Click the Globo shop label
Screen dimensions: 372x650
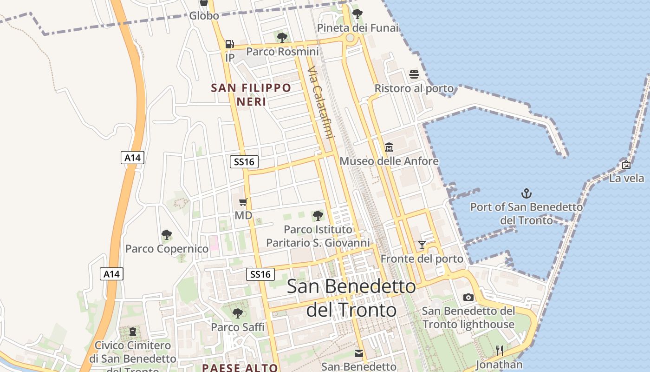(x=204, y=16)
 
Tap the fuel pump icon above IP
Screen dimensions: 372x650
(x=229, y=44)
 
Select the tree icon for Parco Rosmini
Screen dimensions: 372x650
(x=281, y=37)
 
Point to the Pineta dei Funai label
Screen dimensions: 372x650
(x=357, y=28)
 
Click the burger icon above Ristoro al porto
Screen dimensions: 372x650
(x=414, y=74)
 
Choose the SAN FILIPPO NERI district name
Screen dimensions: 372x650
(x=251, y=94)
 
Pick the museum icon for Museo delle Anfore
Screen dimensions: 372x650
(x=389, y=147)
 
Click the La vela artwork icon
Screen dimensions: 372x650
(x=626, y=165)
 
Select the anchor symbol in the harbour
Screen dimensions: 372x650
(x=526, y=193)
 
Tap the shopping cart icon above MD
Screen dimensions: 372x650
(x=243, y=202)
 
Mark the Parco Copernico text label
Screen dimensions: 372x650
(x=167, y=249)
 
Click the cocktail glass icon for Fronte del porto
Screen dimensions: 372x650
(x=422, y=245)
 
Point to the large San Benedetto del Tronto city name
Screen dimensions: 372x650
(x=351, y=298)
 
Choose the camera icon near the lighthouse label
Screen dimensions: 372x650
(x=468, y=297)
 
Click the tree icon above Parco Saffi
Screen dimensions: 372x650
(x=237, y=313)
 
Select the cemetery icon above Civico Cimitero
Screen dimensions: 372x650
(x=133, y=332)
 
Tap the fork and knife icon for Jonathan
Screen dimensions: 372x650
(x=499, y=350)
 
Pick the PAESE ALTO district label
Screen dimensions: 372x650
(x=240, y=368)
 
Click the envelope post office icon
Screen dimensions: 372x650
(x=359, y=353)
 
